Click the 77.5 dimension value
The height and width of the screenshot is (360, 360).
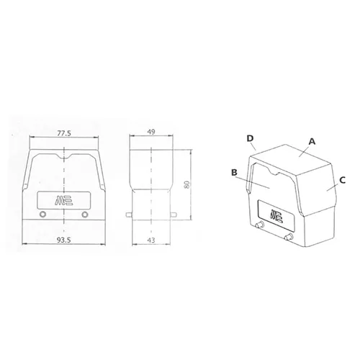coord(63,133)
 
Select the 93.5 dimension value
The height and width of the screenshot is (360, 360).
coord(63,240)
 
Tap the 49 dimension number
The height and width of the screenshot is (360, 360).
coord(151,132)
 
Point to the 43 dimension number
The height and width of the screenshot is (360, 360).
coord(151,240)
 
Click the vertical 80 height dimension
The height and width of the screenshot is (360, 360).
coord(187,184)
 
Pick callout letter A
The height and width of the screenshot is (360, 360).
coord(312,142)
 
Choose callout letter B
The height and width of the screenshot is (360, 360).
coord(234,172)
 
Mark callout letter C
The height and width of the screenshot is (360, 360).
coord(343,180)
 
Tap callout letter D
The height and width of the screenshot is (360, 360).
coord(251,138)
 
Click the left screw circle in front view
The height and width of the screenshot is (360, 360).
coord(43,215)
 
